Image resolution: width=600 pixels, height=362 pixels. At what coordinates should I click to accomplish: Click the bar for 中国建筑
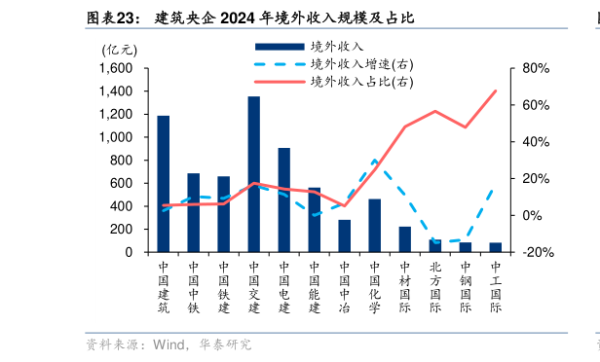coord(164,184)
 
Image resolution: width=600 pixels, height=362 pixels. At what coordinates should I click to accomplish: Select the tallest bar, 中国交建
coord(253,174)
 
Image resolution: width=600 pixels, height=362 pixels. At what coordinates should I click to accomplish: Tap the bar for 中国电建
coord(283,199)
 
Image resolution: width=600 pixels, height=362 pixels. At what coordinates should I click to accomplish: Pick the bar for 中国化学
coord(374,225)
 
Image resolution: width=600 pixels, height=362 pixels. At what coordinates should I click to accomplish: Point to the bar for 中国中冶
coord(344,235)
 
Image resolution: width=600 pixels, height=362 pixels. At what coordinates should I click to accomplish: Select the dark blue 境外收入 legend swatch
coord(277,47)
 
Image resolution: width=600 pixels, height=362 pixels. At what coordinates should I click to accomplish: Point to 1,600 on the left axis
coord(116,69)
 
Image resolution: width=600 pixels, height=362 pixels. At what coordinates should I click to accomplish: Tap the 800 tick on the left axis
coord(123,161)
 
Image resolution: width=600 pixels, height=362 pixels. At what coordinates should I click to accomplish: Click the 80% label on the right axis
coord(537,69)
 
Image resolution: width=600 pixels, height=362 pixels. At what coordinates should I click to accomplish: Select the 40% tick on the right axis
coord(537,142)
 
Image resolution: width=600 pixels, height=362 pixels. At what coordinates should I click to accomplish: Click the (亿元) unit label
coord(120,49)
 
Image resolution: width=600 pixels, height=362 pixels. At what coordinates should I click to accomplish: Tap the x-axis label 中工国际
coord(495,287)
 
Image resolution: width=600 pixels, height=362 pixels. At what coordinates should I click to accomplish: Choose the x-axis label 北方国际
coord(434,287)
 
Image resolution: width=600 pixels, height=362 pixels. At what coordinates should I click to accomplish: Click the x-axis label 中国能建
coord(314,287)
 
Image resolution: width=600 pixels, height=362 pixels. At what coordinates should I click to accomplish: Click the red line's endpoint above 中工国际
coord(495,91)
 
